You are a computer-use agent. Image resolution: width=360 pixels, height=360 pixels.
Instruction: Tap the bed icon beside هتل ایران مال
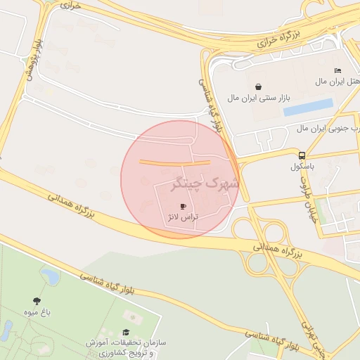point(337,70)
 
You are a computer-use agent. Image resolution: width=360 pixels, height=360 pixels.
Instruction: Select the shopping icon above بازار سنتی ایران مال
point(258,87)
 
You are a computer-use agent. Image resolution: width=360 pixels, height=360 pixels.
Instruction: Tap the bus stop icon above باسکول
point(302,155)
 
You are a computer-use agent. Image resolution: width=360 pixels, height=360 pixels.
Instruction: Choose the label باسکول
point(302,167)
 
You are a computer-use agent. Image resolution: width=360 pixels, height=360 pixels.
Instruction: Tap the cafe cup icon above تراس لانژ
point(184,206)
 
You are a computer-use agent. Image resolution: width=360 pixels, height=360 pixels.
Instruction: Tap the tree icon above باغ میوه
point(37,300)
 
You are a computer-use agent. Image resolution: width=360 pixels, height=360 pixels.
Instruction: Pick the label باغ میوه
point(37,311)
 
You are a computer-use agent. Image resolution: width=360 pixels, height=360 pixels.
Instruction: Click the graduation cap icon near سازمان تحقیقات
point(126,333)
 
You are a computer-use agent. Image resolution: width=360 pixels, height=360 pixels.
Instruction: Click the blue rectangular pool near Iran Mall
point(308,107)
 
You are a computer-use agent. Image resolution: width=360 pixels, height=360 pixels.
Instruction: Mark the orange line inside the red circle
point(174,162)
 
